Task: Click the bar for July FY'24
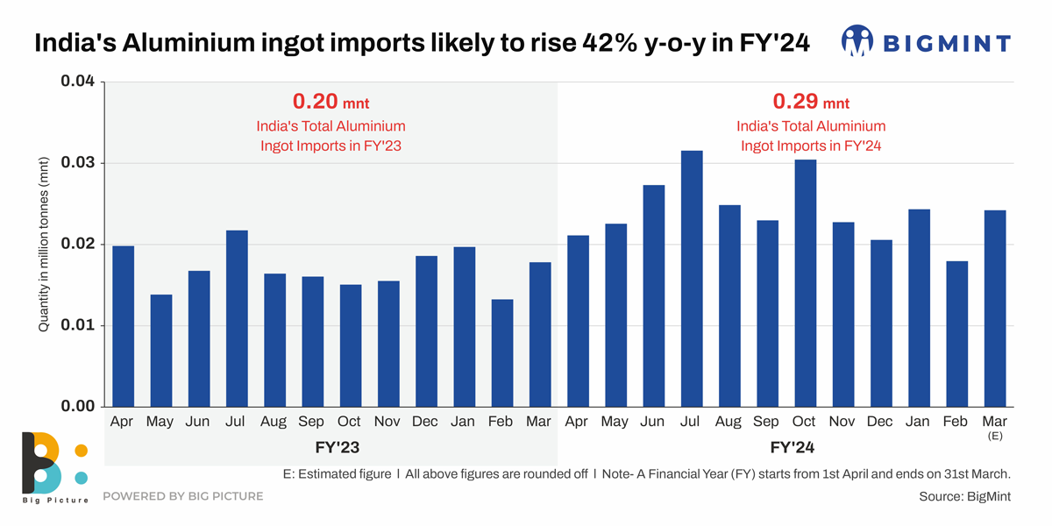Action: (x=692, y=279)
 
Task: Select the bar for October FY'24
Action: (x=805, y=283)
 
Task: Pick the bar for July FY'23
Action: (x=237, y=318)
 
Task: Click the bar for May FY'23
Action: (x=161, y=351)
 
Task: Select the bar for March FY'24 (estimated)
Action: (x=994, y=308)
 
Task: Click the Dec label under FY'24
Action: (x=880, y=422)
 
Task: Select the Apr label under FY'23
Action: (x=123, y=422)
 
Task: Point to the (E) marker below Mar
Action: (x=995, y=436)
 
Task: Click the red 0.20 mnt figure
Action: (x=332, y=102)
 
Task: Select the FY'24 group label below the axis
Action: (x=793, y=447)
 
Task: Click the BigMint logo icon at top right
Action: (x=857, y=40)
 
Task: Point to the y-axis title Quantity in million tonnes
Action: (x=43, y=245)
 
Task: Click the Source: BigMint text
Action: (x=964, y=496)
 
